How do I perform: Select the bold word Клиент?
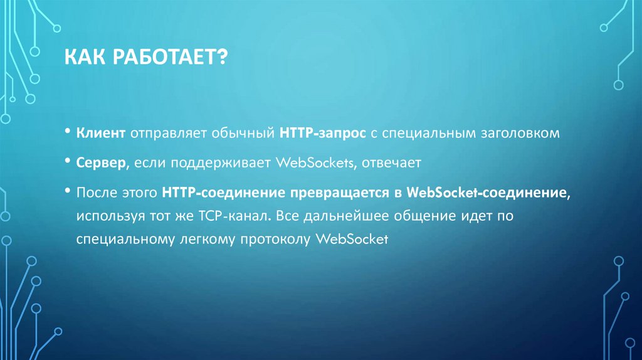(x=102, y=134)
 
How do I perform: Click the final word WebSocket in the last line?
(x=354, y=240)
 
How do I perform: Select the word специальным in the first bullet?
(x=415, y=134)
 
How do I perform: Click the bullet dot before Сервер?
(x=67, y=161)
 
